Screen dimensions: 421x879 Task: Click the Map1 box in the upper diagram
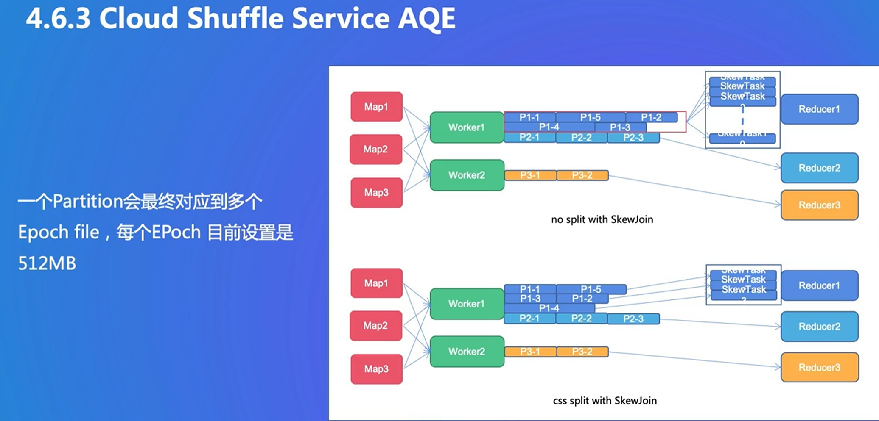[376, 107]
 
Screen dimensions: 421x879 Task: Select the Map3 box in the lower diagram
[376, 369]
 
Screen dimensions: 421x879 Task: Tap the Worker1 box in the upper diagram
[467, 127]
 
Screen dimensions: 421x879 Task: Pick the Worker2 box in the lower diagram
[467, 352]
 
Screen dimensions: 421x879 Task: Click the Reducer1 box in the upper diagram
[819, 109]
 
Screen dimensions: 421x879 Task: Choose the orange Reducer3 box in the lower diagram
[819, 367]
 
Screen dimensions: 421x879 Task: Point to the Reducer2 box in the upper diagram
[819, 168]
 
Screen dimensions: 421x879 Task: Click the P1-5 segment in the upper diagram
[590, 117]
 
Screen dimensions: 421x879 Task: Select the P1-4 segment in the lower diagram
[549, 308]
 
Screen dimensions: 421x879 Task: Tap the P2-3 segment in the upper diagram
[633, 138]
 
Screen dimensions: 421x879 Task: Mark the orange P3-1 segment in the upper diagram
[530, 175]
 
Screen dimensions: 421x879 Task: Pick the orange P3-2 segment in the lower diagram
[582, 352]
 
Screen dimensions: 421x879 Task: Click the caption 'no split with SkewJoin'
[602, 219]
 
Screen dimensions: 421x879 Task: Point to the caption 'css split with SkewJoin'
[605, 401]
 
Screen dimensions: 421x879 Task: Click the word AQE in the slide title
[426, 19]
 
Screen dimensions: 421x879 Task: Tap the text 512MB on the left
[47, 263]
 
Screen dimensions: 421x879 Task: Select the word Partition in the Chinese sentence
[88, 202]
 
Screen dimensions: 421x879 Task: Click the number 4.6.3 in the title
[58, 19]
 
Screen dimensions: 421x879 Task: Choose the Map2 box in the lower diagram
[375, 326]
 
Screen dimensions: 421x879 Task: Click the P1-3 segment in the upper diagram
[620, 127]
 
